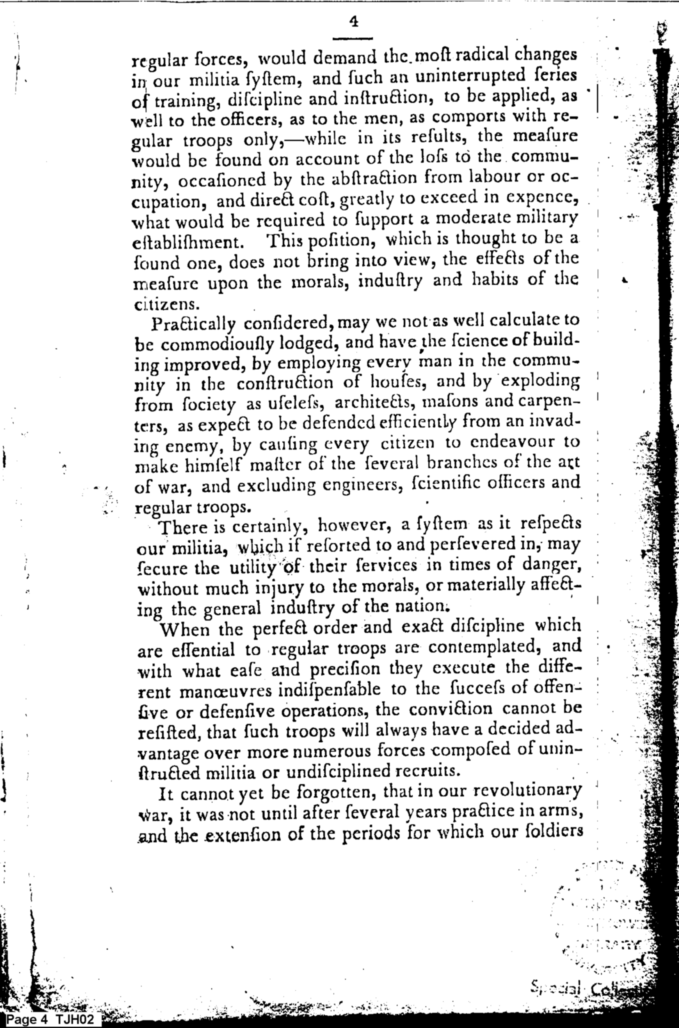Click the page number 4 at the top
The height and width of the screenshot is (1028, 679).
(353, 22)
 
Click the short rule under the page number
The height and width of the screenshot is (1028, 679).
(352, 39)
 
